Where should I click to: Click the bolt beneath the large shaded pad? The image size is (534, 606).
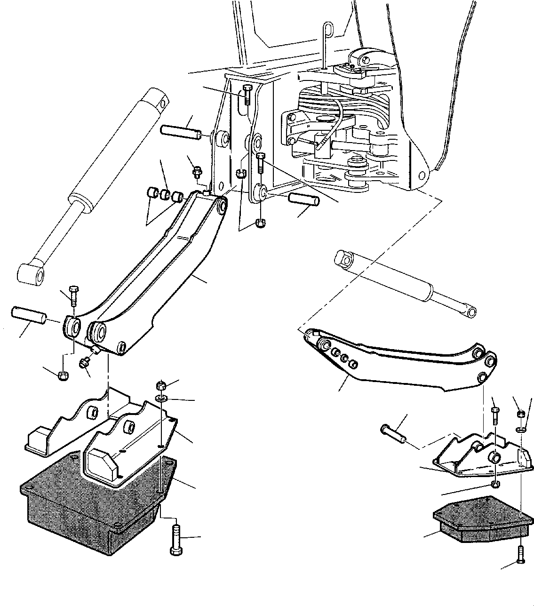click(175, 541)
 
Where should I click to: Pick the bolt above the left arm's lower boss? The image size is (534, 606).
click(74, 295)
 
